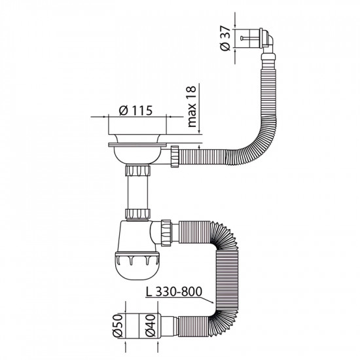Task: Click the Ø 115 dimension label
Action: [x=135, y=111]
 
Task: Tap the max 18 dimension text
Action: [x=192, y=107]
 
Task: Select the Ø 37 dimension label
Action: [x=225, y=39]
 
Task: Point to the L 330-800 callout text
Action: [x=174, y=291]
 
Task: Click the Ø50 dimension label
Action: [x=118, y=325]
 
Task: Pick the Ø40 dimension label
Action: [x=151, y=325]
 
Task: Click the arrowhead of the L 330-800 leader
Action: [x=213, y=302]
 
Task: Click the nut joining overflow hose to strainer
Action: [x=175, y=156]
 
